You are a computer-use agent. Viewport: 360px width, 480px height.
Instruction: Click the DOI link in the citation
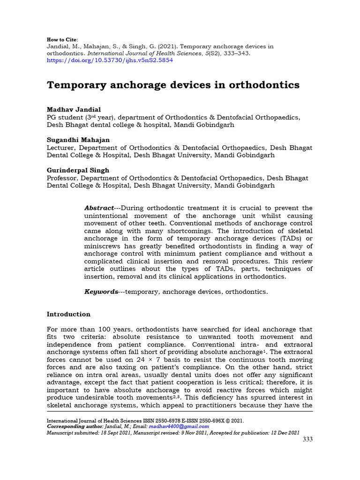point(110,60)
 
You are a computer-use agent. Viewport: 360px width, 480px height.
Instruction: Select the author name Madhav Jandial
point(74,109)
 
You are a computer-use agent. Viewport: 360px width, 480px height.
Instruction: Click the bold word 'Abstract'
point(99,208)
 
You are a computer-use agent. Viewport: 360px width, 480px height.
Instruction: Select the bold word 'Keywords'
point(101,292)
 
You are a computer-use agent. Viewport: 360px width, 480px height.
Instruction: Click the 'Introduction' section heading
point(68,314)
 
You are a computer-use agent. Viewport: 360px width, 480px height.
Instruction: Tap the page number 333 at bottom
point(307,439)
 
